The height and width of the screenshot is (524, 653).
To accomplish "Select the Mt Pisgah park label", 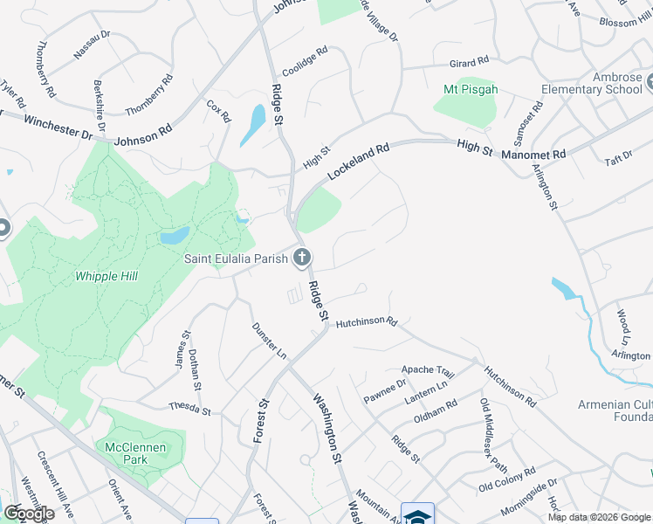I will (x=464, y=89).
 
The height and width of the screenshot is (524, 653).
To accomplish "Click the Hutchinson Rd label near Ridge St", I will (x=367, y=321).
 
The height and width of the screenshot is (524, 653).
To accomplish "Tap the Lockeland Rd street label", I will (x=357, y=162).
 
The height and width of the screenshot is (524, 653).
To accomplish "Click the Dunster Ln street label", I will (x=268, y=340).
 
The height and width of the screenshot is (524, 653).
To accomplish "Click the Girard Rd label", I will (x=469, y=63).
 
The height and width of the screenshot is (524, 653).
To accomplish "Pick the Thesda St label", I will (x=191, y=408).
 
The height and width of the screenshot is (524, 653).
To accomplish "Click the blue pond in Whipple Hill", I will (x=174, y=236).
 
